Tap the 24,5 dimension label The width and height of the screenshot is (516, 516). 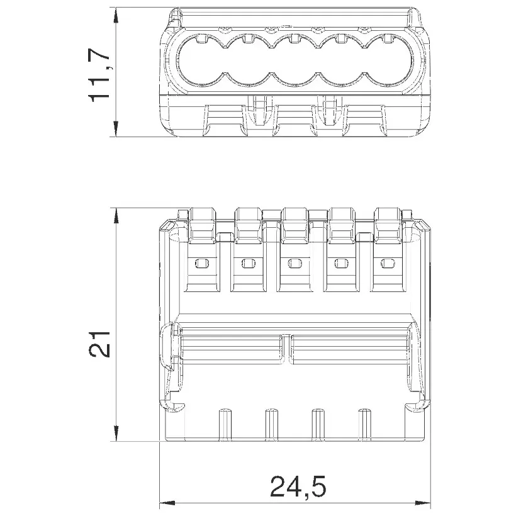298,486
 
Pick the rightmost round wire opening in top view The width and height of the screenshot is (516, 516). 388,63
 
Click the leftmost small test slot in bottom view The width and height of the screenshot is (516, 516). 202,263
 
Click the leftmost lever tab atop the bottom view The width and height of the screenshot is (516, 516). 202,225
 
